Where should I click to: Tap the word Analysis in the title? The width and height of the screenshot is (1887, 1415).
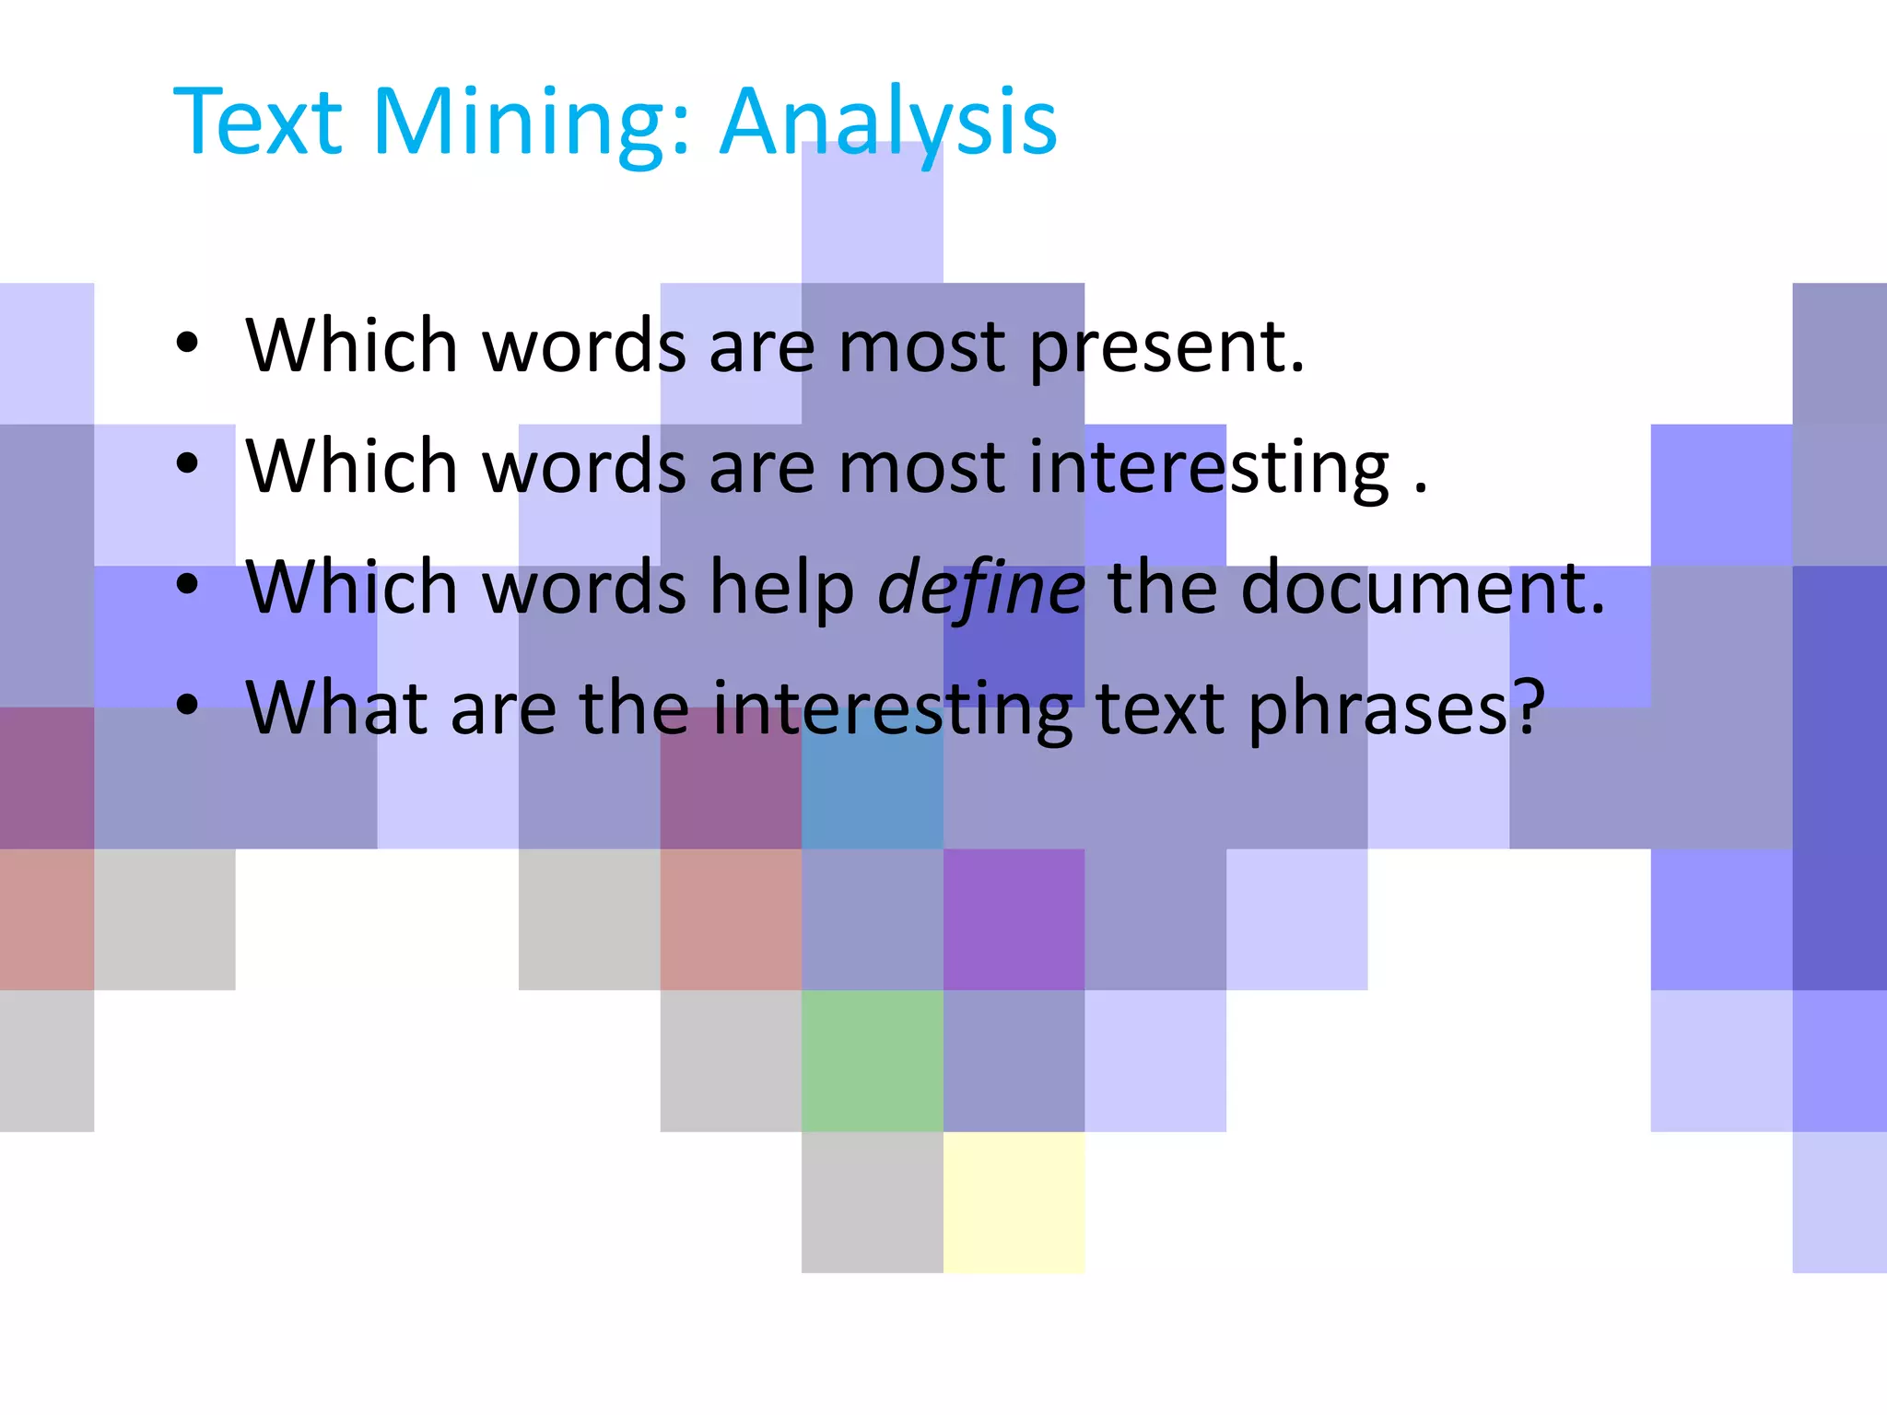click(888, 124)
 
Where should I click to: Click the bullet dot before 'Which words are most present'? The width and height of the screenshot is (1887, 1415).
click(187, 343)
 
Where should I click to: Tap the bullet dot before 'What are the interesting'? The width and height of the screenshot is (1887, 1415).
click(187, 706)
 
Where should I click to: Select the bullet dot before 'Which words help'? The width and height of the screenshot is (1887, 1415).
click(187, 585)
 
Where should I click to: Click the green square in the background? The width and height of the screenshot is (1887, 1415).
click(872, 1060)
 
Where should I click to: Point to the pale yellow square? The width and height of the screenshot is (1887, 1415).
click(1014, 1202)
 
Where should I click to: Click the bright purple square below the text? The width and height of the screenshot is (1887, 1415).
click(1014, 919)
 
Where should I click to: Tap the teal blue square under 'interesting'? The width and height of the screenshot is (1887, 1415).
click(872, 792)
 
